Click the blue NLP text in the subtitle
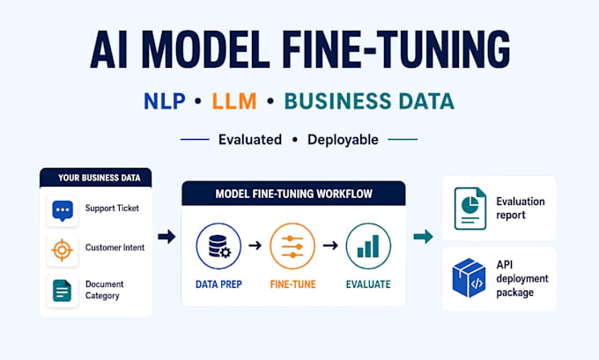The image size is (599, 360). click(x=164, y=101)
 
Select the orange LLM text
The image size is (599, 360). click(x=234, y=101)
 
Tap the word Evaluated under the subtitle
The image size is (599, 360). click(x=250, y=139)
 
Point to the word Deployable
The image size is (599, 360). click(x=343, y=140)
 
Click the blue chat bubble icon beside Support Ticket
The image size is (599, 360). click(x=63, y=210)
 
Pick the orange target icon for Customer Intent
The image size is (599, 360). click(x=62, y=250)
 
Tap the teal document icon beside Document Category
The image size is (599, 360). click(x=62, y=290)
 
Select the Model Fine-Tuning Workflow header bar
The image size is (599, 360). click(x=293, y=194)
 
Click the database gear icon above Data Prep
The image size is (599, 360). click(x=218, y=246)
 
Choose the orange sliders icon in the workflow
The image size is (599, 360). click(x=292, y=246)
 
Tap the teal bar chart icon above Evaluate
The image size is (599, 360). click(x=368, y=246)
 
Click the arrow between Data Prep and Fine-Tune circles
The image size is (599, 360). click(x=255, y=245)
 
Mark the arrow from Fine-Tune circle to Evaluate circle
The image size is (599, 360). click(x=330, y=245)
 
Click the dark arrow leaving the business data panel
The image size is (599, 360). click(x=166, y=237)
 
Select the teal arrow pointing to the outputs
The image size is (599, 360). click(x=424, y=237)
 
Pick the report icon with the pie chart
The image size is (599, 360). click(x=470, y=209)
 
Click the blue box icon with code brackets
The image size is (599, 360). click(x=470, y=277)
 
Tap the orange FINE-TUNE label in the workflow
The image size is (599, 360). click(x=293, y=284)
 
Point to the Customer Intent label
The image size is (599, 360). click(x=115, y=247)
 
